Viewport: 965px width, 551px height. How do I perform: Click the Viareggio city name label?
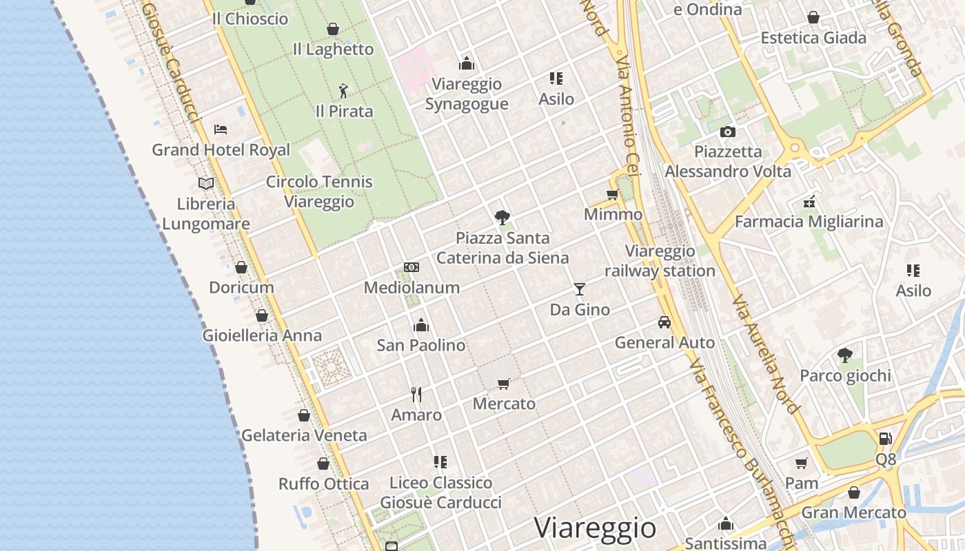595,528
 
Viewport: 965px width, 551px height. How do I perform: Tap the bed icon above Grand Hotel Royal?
221,129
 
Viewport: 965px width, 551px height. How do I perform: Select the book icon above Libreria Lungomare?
205,183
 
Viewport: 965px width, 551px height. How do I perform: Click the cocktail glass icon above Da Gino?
580,289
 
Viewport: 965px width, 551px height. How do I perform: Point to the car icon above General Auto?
664,322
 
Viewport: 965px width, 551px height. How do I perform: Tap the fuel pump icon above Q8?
886,438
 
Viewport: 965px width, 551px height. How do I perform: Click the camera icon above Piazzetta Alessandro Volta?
727,132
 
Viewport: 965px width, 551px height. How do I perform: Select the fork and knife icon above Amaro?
416,394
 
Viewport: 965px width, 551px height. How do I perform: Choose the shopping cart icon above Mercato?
504,383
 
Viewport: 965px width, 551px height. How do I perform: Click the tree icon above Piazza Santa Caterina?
502,218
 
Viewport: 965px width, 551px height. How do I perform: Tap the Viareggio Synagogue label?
467,94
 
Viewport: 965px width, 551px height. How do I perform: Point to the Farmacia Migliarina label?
809,222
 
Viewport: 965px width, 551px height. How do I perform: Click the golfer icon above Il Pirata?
343,90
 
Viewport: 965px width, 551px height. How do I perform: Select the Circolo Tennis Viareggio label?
319,192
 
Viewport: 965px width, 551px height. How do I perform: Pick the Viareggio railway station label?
660,261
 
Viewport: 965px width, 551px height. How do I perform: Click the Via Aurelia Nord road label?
766,355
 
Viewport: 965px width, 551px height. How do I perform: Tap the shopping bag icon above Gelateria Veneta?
304,415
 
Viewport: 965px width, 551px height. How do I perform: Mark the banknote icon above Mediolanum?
412,267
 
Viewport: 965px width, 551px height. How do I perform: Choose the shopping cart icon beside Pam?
801,463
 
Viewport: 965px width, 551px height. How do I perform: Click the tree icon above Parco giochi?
845,355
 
